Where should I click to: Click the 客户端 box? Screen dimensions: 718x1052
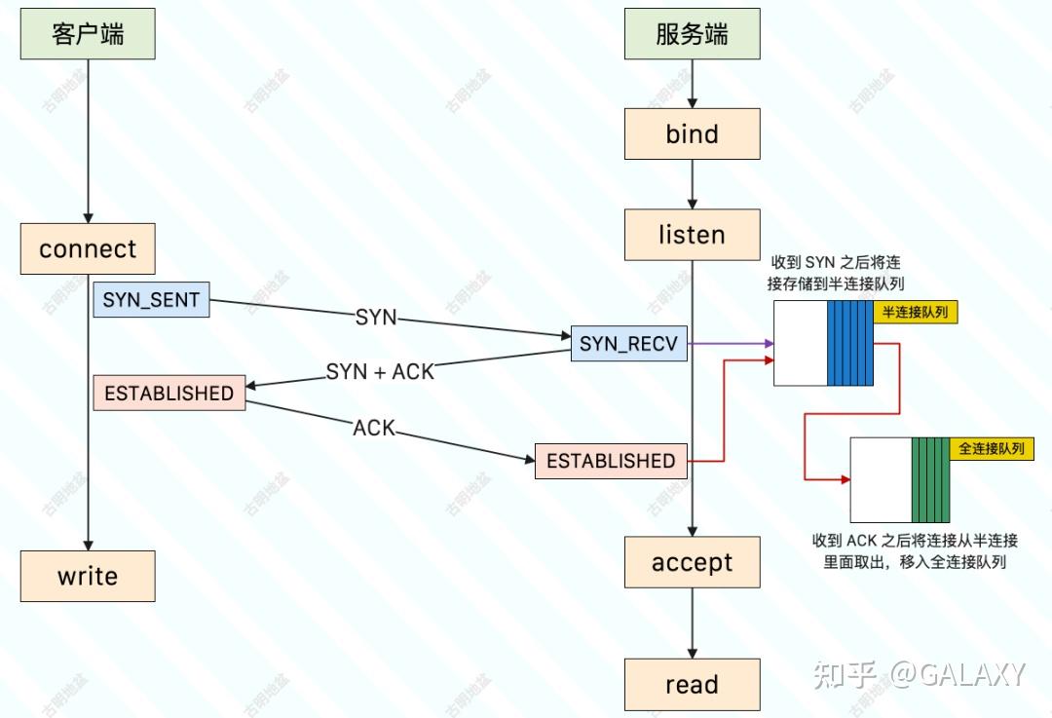click(x=88, y=34)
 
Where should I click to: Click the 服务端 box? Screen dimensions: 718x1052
click(x=692, y=34)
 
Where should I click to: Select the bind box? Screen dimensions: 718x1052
click(x=692, y=133)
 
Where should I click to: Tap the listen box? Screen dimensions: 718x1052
click(x=692, y=235)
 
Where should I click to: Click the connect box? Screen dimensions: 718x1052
click(x=88, y=248)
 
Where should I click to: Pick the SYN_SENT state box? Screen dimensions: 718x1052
click(x=151, y=300)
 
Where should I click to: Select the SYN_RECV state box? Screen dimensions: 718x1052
click(x=628, y=343)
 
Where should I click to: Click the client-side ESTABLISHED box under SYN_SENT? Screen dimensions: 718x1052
click(x=169, y=393)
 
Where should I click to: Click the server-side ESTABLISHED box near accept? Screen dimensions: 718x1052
click(x=611, y=461)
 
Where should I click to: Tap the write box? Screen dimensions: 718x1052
click(x=88, y=576)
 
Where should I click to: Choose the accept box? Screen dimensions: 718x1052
click(x=692, y=562)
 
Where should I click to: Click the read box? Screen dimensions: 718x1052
click(x=692, y=684)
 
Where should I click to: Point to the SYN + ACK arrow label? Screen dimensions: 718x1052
click(x=380, y=371)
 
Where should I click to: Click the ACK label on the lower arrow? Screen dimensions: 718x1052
click(x=374, y=428)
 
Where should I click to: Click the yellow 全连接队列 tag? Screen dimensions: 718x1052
click(x=992, y=448)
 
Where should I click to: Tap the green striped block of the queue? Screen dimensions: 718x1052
click(x=930, y=479)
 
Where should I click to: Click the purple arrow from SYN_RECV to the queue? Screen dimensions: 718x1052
click(x=731, y=343)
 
